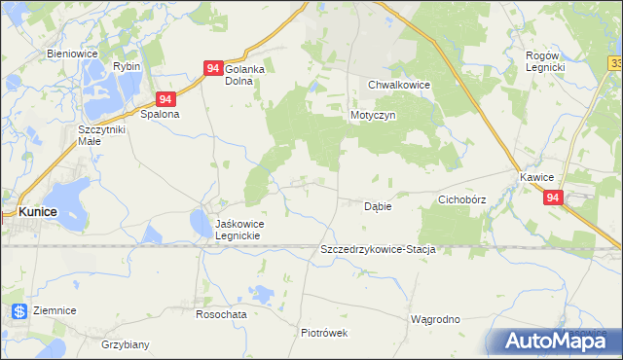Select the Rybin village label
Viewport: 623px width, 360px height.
tap(127, 66)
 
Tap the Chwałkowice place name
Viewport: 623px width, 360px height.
tap(399, 85)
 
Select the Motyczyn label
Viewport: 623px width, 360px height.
tap(372, 114)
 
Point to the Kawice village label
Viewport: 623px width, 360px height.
tap(536, 177)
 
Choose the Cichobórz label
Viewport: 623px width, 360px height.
tap(461, 199)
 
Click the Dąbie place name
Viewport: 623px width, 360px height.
tap(378, 206)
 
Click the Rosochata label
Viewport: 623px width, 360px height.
tap(221, 314)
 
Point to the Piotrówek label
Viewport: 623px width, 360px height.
tap(324, 333)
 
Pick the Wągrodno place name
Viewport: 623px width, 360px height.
tap(435, 318)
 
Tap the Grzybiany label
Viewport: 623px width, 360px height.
tap(126, 344)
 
